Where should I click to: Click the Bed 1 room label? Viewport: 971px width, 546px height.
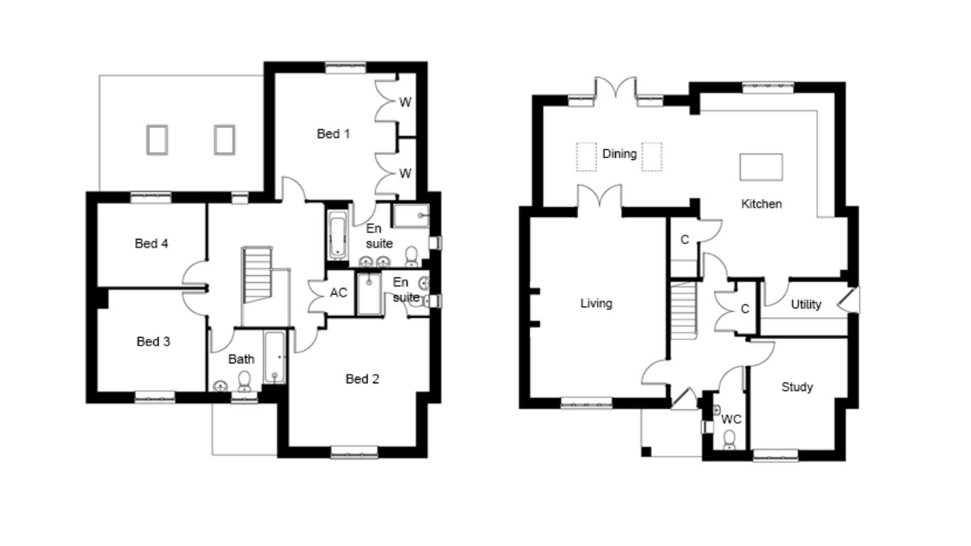(333, 134)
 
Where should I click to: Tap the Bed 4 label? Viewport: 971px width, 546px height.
(151, 243)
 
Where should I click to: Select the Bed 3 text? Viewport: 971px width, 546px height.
(153, 341)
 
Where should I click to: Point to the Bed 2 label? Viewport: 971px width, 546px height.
(362, 379)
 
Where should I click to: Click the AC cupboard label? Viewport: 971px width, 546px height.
(338, 293)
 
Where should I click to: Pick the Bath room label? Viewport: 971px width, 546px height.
(241, 359)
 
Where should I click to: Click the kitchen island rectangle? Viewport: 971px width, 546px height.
(761, 167)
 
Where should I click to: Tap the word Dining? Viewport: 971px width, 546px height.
(619, 154)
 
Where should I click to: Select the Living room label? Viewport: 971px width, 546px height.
(596, 303)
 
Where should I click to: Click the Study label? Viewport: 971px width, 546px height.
(797, 387)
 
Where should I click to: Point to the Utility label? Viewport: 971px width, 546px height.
(806, 304)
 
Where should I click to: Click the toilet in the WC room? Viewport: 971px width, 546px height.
(729, 439)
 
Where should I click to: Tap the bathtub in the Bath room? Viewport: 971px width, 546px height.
(275, 358)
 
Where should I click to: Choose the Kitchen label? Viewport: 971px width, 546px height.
(761, 204)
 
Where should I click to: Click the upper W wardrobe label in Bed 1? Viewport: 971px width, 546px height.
(405, 102)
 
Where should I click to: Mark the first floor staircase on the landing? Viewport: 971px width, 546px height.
(257, 274)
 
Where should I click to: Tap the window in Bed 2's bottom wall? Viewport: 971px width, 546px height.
(354, 452)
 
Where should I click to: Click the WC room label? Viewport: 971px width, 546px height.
(731, 419)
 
